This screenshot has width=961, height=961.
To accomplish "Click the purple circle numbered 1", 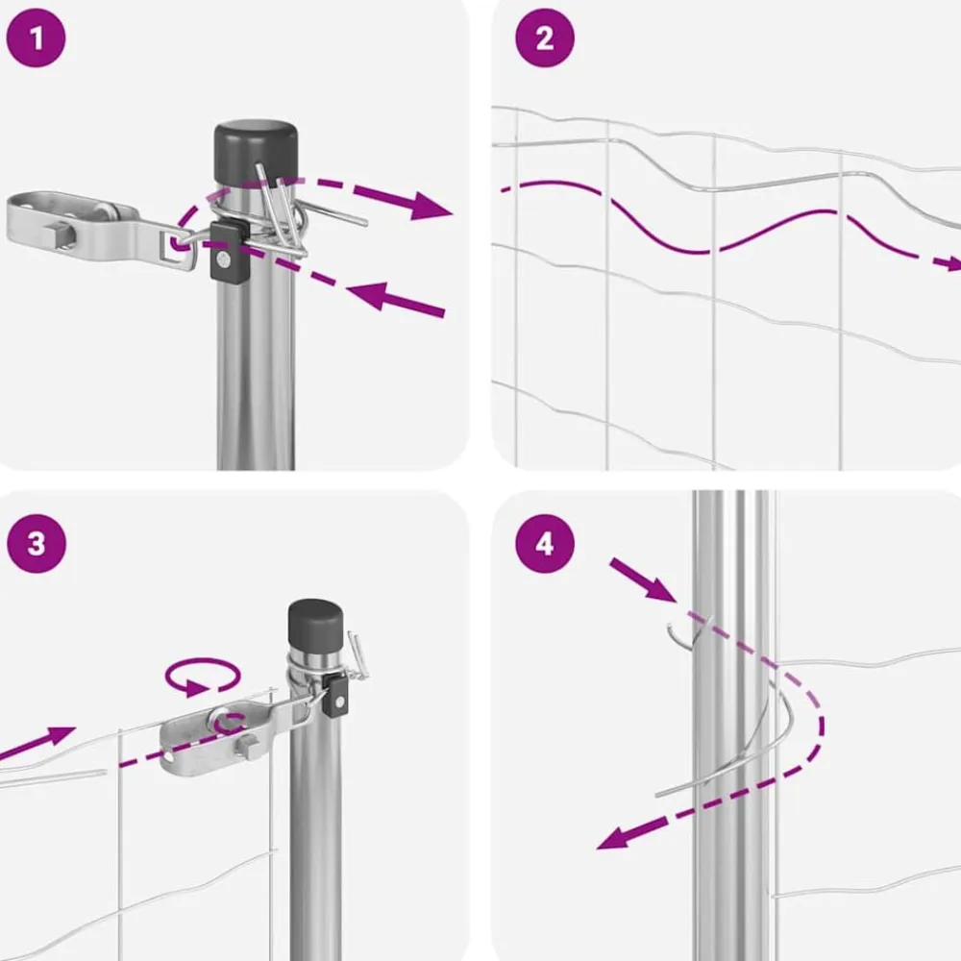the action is click(36, 37).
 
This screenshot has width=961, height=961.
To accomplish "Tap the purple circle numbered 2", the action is click(544, 37).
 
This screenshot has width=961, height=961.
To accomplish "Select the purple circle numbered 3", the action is click(36, 544).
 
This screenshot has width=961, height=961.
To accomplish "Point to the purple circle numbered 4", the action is click(544, 544).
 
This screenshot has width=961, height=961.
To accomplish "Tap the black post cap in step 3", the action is click(315, 627).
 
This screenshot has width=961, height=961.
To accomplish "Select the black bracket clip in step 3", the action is click(335, 695).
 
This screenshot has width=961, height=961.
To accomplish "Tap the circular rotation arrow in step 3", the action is click(203, 676).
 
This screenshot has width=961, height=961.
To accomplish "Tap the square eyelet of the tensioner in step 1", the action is click(179, 248).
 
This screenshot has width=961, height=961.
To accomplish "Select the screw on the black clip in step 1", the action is click(224, 262).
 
